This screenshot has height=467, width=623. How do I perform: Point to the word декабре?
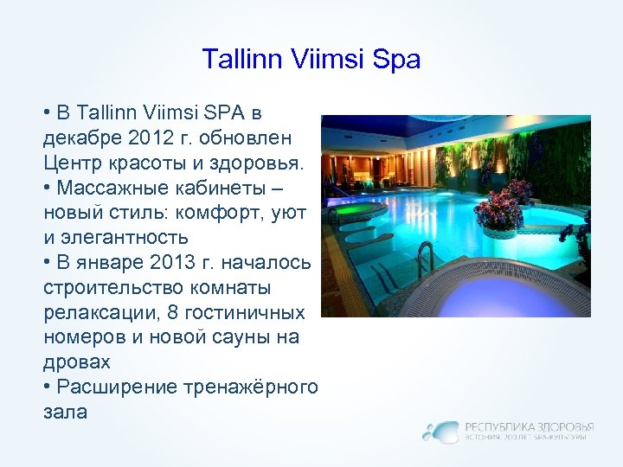tap(81, 138)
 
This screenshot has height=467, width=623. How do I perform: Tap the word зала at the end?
tap(65, 412)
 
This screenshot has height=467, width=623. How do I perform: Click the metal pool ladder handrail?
tap(425, 255)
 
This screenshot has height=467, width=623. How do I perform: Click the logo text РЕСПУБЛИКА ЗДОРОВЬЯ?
tap(530, 426)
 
